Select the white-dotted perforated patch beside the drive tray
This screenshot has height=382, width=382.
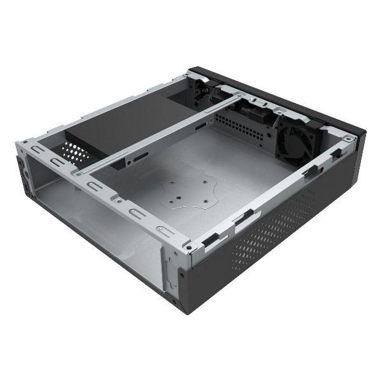76,152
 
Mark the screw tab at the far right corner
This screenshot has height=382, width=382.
348,138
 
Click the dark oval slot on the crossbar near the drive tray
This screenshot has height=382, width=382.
139,154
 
